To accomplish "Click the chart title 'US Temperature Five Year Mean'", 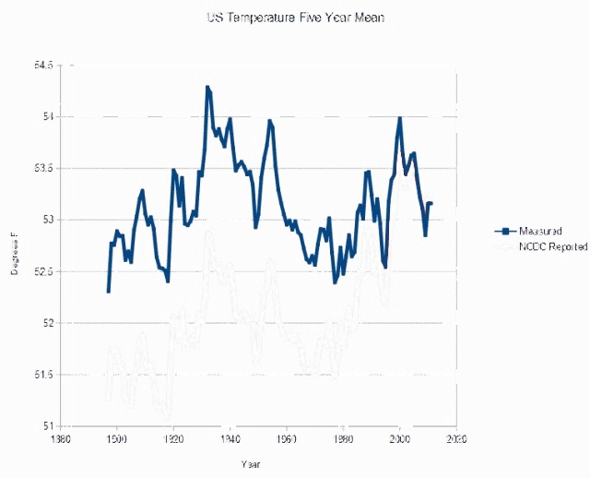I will [294, 17].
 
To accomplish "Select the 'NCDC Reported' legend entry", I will [552, 247].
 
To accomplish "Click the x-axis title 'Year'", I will [250, 461].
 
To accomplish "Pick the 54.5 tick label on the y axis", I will [43, 65].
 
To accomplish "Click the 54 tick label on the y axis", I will [48, 116].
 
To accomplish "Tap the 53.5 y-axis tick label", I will [43, 168].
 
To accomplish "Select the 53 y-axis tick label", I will [48, 220].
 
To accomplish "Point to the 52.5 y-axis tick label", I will [43, 271].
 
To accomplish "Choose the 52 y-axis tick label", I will [48, 323].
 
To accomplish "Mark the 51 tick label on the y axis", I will [48, 425].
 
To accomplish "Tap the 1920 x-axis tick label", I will [173, 440].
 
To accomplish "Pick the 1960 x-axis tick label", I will [287, 440].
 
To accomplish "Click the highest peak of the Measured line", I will [207, 87].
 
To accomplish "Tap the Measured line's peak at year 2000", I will [399, 118].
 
